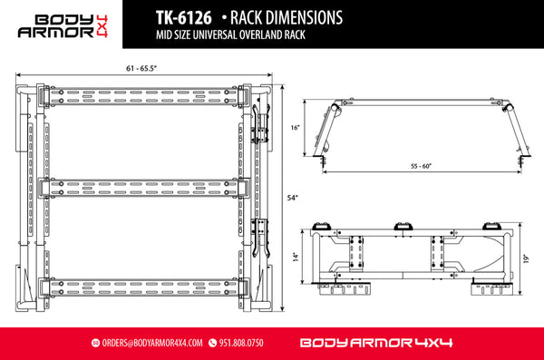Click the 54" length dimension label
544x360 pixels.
click(290, 197)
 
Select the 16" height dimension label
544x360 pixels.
click(296, 129)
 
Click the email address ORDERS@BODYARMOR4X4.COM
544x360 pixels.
click(153, 344)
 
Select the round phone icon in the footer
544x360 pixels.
click(213, 344)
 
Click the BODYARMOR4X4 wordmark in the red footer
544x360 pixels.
click(374, 344)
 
